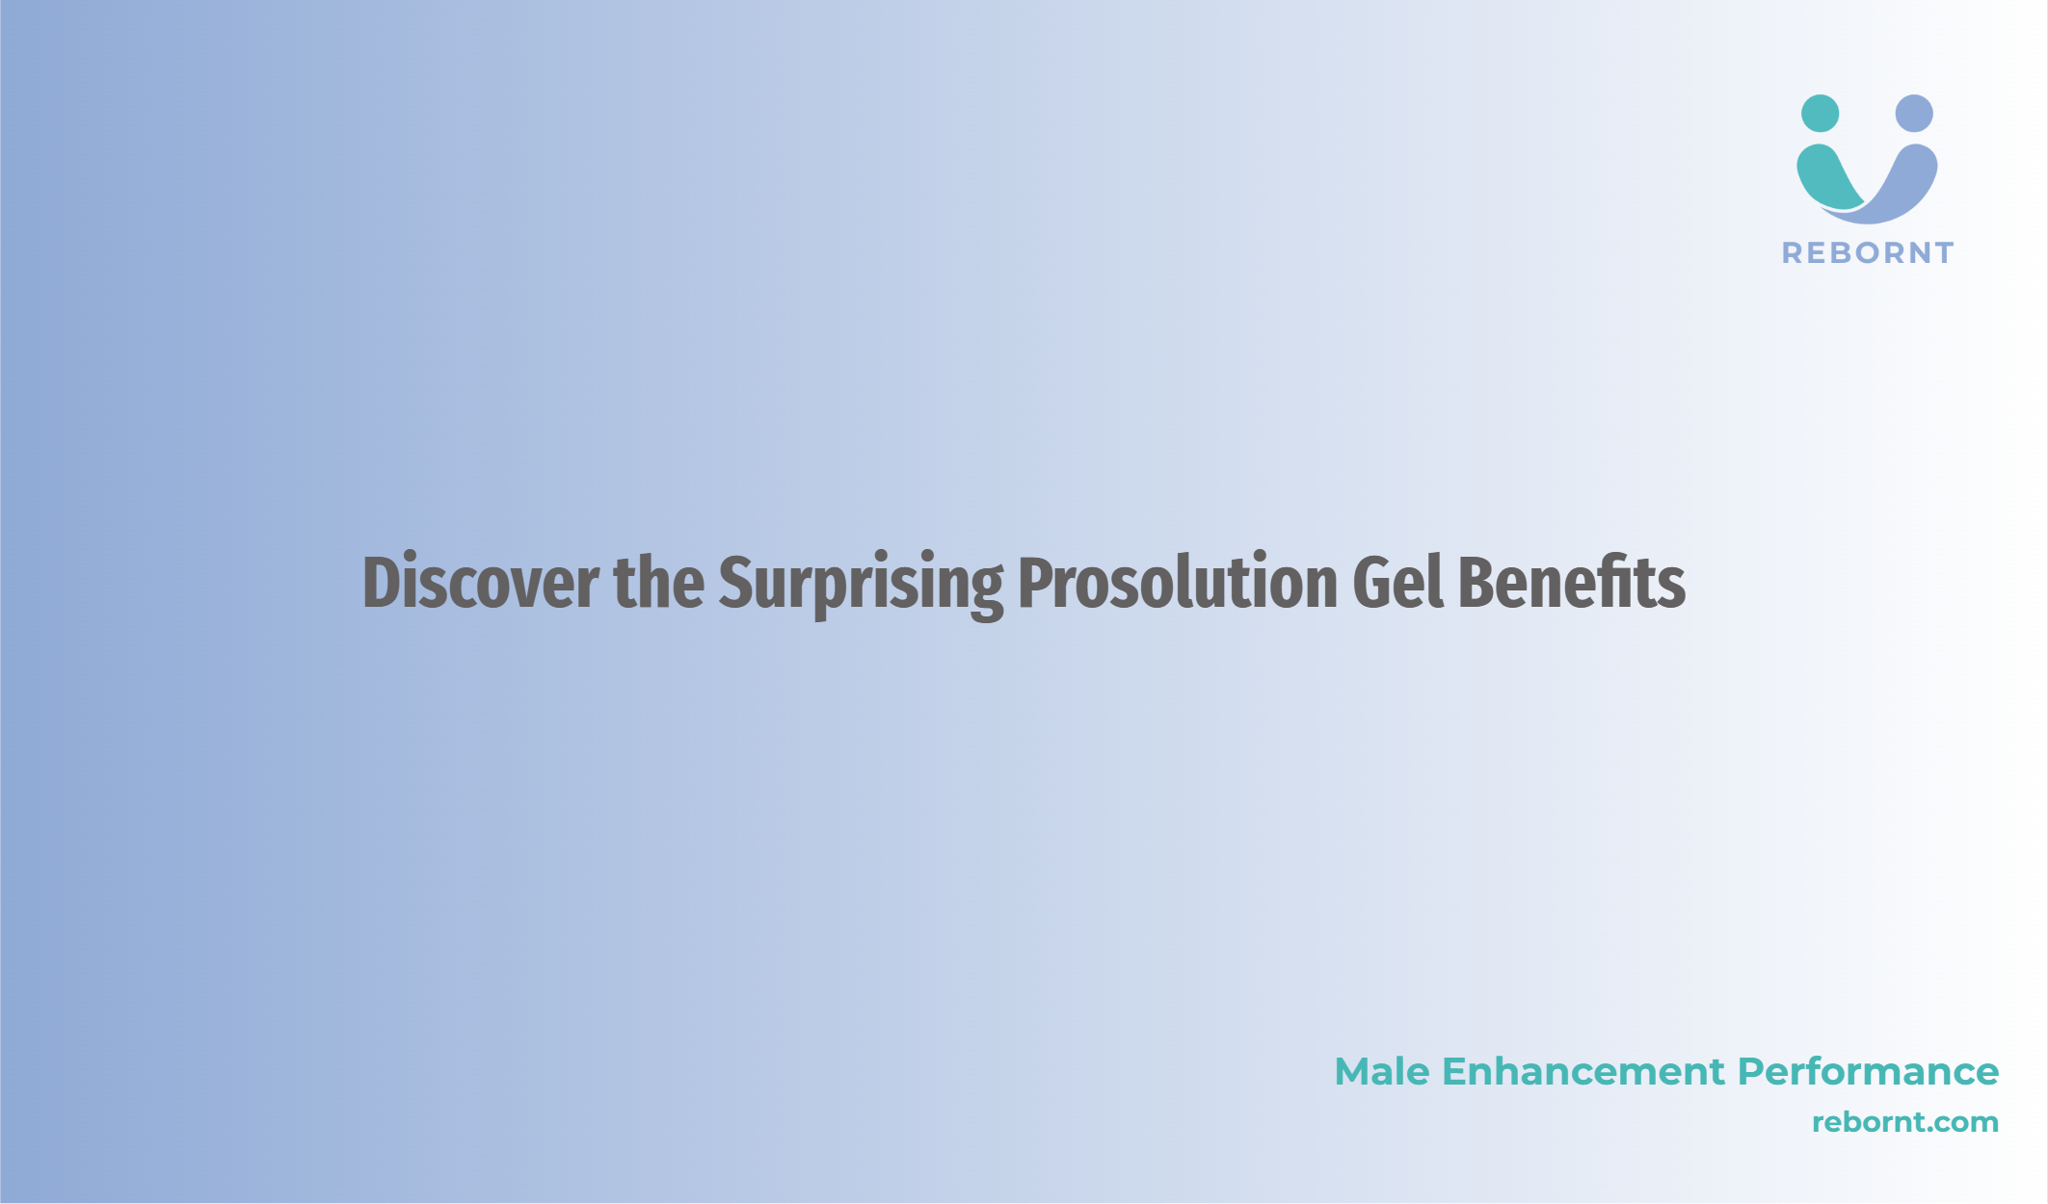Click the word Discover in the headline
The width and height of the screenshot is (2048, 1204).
click(480, 582)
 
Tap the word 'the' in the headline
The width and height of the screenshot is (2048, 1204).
click(658, 582)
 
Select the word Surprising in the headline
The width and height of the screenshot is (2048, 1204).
click(861, 586)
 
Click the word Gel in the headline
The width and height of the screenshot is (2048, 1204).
click(1397, 582)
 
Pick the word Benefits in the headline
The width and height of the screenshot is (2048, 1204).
click(1571, 582)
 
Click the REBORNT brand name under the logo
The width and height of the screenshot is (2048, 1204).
click(1868, 253)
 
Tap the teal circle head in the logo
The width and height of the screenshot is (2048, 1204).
click(1820, 114)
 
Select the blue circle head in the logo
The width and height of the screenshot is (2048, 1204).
click(1914, 114)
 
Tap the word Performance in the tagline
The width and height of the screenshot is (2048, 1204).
click(1869, 1071)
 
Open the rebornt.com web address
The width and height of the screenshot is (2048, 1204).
click(1905, 1122)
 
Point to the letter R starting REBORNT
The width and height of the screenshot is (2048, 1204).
click(1793, 253)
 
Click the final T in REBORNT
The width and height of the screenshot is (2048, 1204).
click(1942, 253)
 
